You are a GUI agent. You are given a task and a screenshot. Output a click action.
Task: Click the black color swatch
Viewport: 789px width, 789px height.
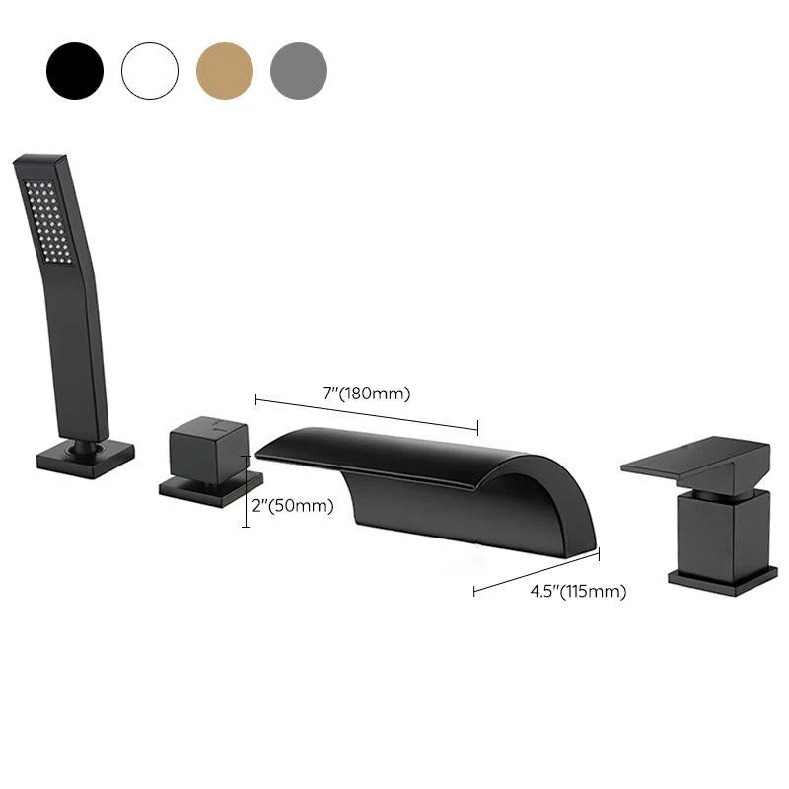[x=74, y=71]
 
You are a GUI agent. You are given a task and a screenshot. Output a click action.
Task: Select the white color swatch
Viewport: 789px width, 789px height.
[x=150, y=71]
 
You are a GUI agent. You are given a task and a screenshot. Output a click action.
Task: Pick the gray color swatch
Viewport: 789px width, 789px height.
[x=299, y=71]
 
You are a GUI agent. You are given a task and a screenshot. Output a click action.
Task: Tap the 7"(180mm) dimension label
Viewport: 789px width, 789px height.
[x=366, y=394]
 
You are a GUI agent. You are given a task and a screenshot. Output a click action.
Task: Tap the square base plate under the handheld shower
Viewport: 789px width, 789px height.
[x=85, y=459]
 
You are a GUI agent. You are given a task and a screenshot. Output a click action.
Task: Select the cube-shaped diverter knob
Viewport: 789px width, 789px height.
[x=207, y=449]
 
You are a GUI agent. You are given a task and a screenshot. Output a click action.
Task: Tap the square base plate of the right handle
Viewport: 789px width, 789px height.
[x=722, y=580]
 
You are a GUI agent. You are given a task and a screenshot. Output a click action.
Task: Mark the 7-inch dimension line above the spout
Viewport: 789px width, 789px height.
[x=367, y=413]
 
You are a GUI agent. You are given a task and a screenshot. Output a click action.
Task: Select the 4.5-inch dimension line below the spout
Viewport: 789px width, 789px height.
[x=537, y=572]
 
